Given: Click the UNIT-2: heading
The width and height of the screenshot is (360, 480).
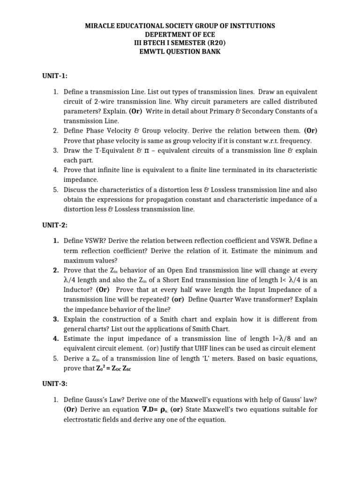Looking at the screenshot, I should [x=55, y=225].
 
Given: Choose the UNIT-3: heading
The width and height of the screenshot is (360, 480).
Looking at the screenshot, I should [x=55, y=383].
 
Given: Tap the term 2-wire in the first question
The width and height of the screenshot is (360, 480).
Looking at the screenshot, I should [x=94, y=102].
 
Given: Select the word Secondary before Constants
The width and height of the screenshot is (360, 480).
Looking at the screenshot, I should [x=258, y=111].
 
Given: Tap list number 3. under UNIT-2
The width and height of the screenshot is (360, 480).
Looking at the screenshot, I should [x=55, y=319].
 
